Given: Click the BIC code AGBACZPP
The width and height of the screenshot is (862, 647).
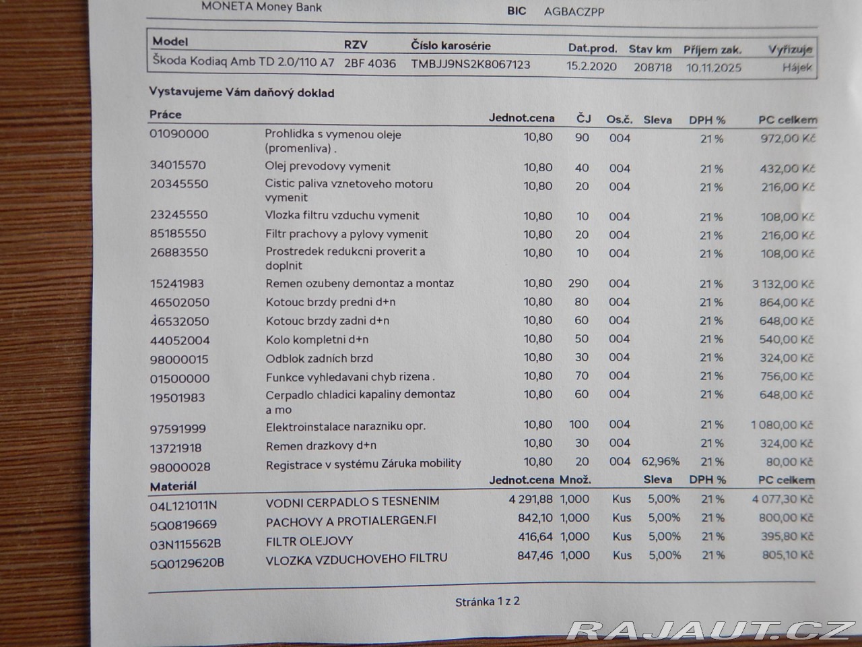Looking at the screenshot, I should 574,11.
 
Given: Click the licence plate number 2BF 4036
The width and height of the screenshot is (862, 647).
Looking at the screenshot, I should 370,64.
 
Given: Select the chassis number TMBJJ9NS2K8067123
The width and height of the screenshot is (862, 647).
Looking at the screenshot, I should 471,65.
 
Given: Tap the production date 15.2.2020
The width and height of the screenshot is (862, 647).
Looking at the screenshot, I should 592,67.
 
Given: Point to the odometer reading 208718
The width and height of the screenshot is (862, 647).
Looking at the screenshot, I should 653,67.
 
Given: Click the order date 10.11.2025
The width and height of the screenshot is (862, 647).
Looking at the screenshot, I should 714,67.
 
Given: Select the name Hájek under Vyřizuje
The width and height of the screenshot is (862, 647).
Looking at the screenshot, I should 797,67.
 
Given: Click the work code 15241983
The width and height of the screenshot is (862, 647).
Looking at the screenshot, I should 177,284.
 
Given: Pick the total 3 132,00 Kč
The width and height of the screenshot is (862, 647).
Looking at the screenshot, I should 783,284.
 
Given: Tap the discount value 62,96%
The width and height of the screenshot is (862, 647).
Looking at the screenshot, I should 661,462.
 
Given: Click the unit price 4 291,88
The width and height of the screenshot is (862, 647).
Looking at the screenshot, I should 531,499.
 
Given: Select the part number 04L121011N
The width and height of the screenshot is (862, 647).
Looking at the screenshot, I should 183,505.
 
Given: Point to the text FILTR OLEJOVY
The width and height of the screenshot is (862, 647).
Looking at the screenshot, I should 309,541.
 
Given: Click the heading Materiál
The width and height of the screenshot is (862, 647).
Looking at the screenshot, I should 173,486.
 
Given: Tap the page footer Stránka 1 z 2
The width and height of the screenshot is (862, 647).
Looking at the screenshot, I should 488,602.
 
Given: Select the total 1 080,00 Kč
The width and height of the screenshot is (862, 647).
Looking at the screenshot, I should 782,425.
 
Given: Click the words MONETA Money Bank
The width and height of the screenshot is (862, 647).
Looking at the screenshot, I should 261,7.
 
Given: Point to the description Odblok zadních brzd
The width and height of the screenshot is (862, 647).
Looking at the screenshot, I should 319,358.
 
